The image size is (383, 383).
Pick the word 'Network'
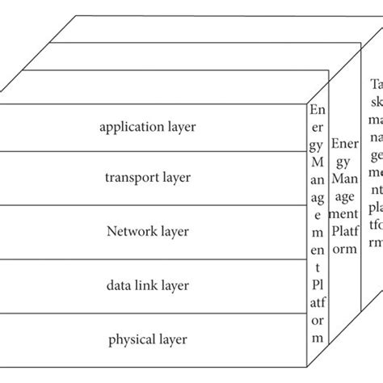tap(128, 232)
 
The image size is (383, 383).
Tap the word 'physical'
tap(133, 339)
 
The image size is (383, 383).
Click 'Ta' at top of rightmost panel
tap(377, 84)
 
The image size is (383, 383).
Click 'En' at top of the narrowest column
tap(318, 109)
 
